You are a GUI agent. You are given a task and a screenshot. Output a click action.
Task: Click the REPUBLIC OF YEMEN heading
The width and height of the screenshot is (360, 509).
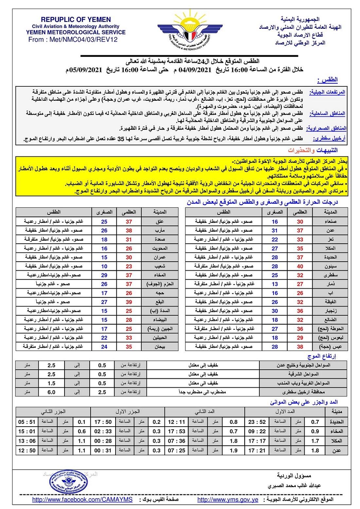76,20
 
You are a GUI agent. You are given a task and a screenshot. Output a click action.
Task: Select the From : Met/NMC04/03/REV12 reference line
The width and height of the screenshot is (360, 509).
73,40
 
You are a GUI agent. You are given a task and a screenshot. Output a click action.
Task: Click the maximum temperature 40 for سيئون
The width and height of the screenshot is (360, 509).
300,266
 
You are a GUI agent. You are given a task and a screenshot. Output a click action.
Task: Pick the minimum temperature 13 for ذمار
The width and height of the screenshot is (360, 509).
275,284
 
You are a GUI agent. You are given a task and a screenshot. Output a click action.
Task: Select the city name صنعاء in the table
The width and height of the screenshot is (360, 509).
330,221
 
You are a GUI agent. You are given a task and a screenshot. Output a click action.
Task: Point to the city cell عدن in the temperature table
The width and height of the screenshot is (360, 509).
330,230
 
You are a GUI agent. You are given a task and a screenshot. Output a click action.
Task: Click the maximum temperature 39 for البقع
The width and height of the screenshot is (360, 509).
129,302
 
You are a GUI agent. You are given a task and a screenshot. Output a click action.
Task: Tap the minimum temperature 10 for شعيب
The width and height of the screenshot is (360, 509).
104,266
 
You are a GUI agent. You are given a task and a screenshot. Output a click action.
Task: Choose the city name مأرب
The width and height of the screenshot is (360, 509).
160,230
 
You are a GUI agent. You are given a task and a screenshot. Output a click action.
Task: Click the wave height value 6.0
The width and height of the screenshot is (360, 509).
51,392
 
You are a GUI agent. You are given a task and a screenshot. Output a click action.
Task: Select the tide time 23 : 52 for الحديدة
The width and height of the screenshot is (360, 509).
257,422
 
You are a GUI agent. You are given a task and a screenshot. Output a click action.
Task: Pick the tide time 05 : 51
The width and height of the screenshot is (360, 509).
27,422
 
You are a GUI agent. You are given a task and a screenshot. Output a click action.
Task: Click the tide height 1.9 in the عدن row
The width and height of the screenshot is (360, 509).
234,450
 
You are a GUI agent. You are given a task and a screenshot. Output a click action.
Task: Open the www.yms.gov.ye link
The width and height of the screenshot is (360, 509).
228,500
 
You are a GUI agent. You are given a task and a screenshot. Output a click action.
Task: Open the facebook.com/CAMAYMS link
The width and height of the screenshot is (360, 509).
82,500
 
